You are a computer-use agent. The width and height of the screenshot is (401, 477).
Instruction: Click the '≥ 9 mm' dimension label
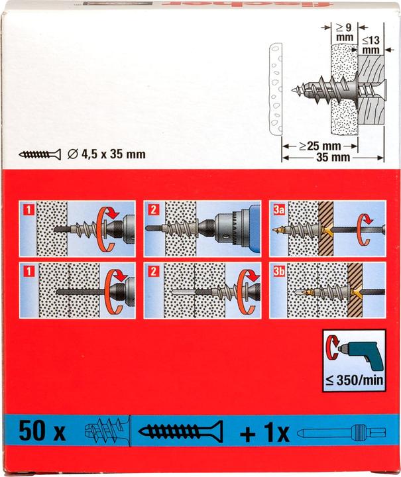coord(344,32)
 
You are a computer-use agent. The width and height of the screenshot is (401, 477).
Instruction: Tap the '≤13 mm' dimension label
coord(372,44)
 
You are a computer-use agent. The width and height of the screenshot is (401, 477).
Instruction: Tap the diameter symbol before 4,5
coord(73,155)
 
